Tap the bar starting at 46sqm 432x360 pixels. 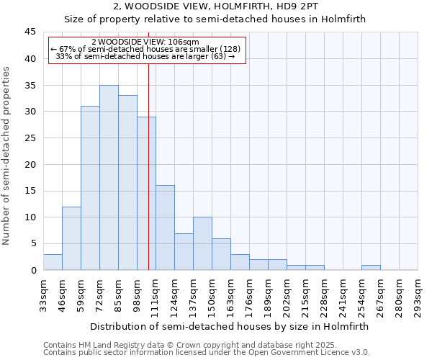click(x=71, y=238)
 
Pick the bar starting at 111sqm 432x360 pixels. click(x=165, y=228)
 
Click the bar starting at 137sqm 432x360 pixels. click(x=202, y=243)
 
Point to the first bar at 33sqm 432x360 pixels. click(x=53, y=262)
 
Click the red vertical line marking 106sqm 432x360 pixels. click(x=148, y=158)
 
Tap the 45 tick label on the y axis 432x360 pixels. click(x=30, y=32)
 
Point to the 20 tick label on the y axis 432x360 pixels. click(x=30, y=164)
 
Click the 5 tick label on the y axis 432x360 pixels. click(x=33, y=243)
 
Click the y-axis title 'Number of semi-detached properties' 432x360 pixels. click(x=7, y=156)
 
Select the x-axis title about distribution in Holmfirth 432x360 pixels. click(x=230, y=326)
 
